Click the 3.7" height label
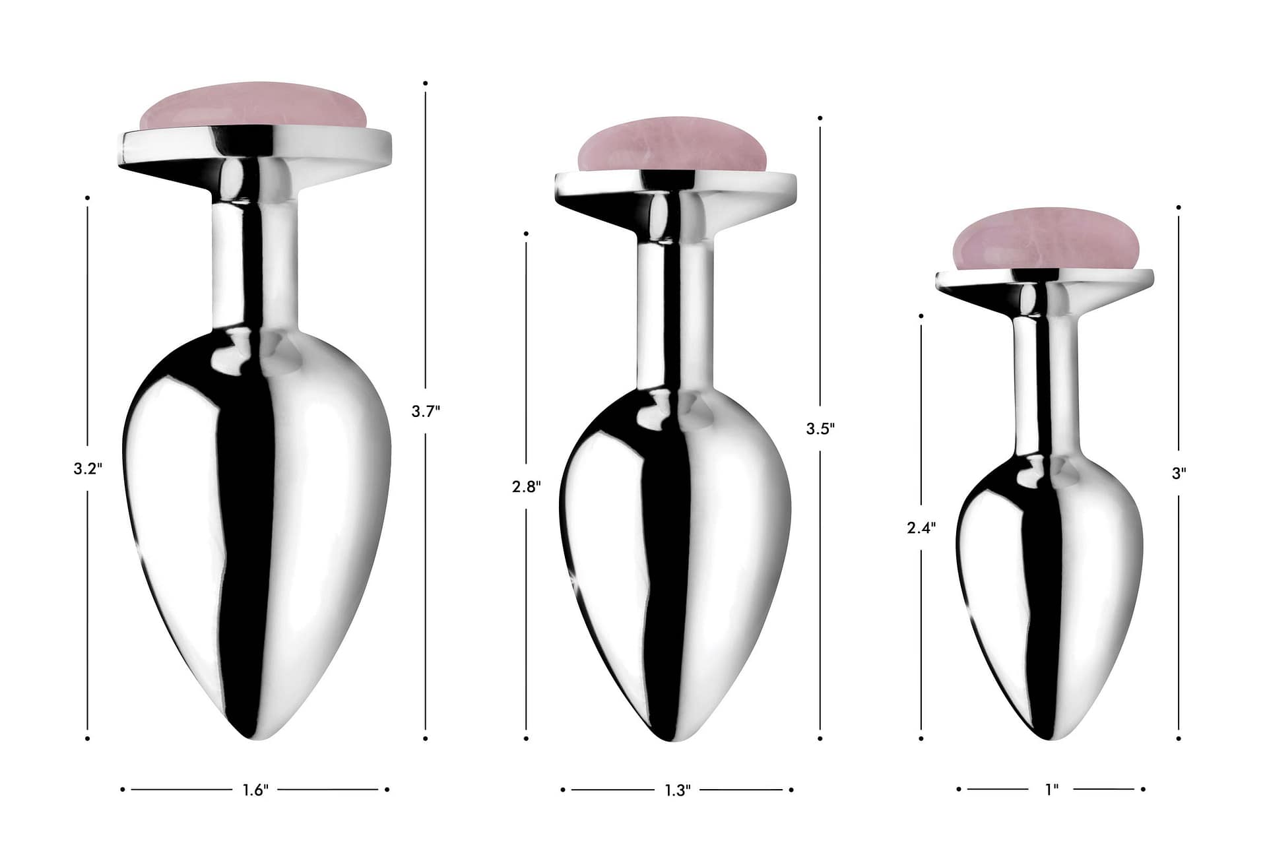point(426,411)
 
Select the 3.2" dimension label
point(88,469)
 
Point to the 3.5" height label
point(820,428)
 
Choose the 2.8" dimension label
point(526,487)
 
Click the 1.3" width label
point(677,790)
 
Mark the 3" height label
point(1179,473)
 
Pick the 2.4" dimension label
point(921,528)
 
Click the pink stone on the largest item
point(253,107)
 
